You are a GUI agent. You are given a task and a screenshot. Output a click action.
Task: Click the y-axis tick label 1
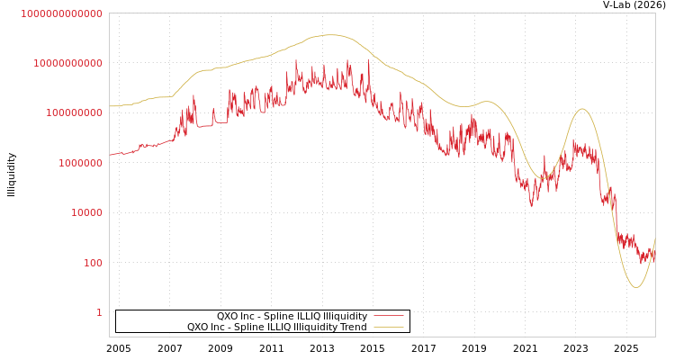[x=99, y=312]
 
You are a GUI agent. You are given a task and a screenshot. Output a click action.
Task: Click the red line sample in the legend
[x=388, y=317]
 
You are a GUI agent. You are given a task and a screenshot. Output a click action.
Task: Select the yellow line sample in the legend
[x=388, y=328]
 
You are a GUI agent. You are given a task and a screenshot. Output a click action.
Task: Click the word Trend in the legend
[x=352, y=328]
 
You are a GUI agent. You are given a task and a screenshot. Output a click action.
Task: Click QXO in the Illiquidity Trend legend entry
[x=198, y=328]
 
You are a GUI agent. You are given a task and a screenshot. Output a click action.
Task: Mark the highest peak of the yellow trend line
[x=330, y=35]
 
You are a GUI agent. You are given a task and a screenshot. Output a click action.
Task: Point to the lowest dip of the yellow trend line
[x=635, y=287]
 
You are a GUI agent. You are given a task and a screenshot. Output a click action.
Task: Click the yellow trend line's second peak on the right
[x=581, y=109]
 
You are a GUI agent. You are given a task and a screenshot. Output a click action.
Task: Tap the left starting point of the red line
[x=110, y=155]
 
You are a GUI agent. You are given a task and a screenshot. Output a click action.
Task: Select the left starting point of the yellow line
[x=110, y=106]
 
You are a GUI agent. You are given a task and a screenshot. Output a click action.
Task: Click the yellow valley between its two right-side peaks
[x=542, y=178]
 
